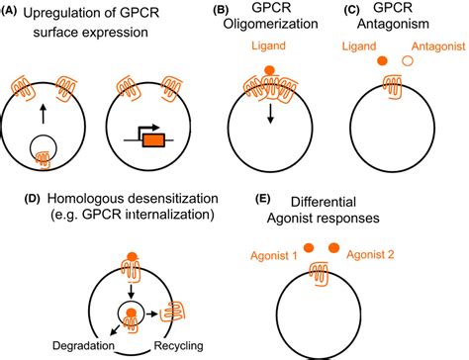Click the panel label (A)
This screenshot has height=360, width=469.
pos(12,12)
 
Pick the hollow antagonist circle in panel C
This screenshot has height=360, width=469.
pos(404,88)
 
